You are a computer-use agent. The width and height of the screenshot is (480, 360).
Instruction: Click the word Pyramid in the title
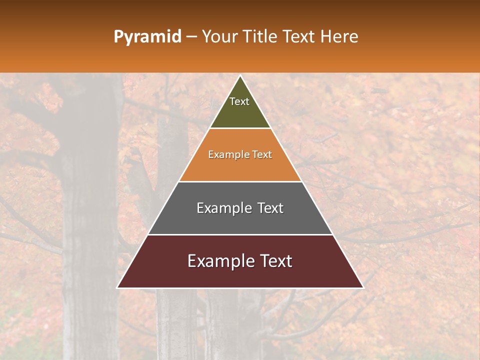click(147, 37)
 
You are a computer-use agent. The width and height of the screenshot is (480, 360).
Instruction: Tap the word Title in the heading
click(260, 37)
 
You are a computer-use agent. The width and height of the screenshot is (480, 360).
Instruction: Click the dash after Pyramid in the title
click(191, 37)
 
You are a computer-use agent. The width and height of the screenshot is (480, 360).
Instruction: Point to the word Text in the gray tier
click(270, 208)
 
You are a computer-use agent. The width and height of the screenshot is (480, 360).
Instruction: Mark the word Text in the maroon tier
click(275, 261)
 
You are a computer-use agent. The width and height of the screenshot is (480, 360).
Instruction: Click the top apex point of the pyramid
click(240, 76)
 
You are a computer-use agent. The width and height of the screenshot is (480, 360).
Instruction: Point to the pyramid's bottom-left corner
click(117, 287)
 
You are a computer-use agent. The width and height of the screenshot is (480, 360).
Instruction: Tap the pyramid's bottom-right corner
click(362, 287)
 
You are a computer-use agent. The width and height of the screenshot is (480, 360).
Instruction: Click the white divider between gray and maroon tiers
click(240, 234)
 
